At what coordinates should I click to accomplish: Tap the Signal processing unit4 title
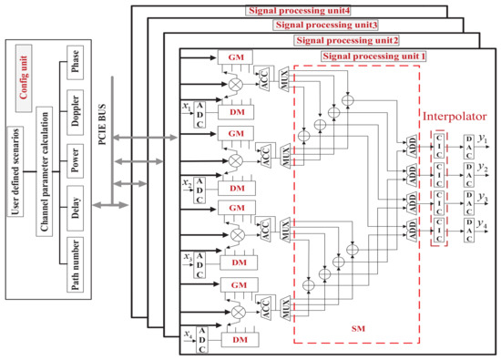point(274,11)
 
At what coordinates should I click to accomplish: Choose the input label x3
point(186,259)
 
